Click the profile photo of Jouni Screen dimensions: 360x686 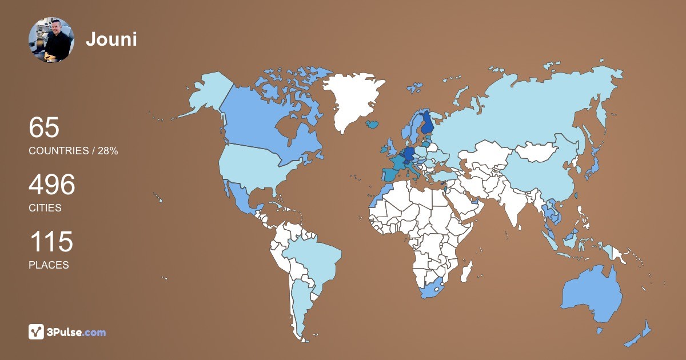point(51,39)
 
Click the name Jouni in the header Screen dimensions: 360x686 point(111,39)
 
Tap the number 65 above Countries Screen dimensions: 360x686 point(44,127)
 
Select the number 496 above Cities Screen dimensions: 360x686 point(52,185)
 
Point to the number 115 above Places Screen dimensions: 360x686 point(51,242)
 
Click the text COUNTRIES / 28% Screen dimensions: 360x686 point(73,151)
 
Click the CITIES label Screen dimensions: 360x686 point(45,208)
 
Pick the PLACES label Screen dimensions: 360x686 point(49,265)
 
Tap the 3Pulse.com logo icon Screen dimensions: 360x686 point(37,331)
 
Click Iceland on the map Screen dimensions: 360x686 point(373,123)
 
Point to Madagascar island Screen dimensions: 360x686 point(466,270)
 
